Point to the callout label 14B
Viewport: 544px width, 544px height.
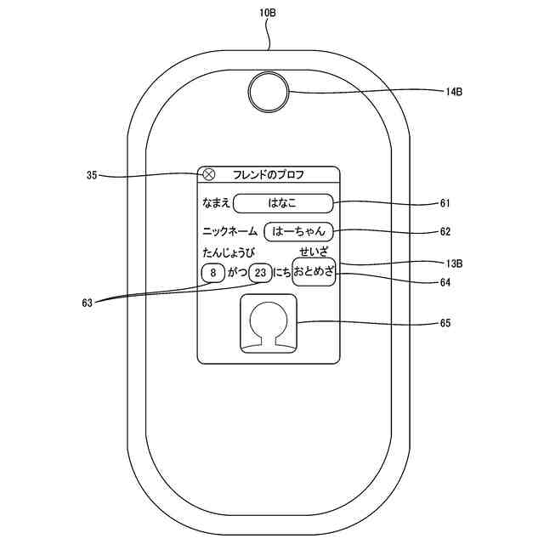pos(452,93)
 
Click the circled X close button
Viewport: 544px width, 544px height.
pos(209,174)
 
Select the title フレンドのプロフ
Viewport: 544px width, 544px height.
pos(269,175)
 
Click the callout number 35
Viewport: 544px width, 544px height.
pos(92,176)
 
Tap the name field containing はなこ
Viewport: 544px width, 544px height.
pos(283,203)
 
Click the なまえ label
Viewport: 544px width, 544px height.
pos(215,203)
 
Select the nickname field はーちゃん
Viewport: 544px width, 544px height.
pos(298,231)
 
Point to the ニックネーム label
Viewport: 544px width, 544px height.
pos(229,231)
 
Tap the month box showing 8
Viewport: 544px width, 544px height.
pos(212,273)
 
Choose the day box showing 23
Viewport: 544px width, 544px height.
pos(261,273)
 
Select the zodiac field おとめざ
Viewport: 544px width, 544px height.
pos(314,272)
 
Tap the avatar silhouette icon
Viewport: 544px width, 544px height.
pos(269,325)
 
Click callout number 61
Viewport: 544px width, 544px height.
pos(445,204)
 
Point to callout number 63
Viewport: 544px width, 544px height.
pos(87,302)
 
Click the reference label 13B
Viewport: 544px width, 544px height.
pos(452,263)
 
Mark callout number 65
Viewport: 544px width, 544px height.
pos(445,323)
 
